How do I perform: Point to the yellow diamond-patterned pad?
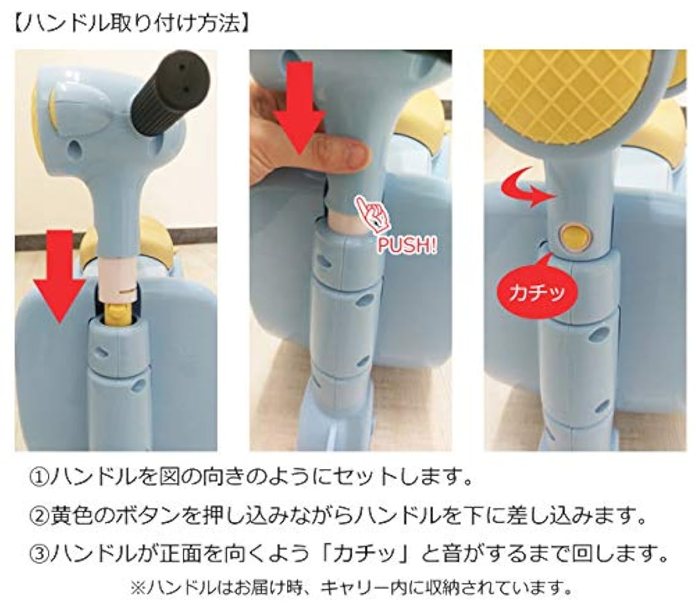[564, 92]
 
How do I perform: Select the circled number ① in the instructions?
[42, 477]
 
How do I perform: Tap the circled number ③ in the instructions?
[42, 555]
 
